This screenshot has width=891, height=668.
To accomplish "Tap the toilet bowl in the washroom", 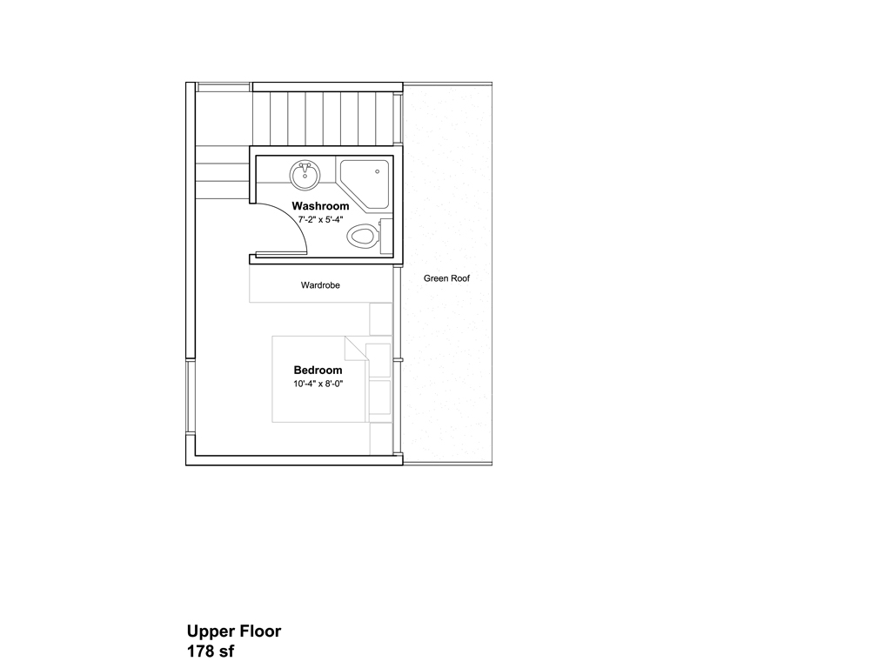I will coord(361,235).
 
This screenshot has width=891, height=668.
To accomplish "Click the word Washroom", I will coord(320,206).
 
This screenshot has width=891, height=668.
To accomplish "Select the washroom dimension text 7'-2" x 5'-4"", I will coord(320,220).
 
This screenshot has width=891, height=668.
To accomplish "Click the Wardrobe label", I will coord(320,284).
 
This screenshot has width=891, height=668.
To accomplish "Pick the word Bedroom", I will coord(318,370).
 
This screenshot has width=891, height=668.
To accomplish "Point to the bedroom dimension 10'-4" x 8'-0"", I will coord(318,384).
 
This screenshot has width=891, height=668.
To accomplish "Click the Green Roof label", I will coord(446,279).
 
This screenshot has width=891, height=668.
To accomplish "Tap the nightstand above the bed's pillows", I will coord(380,318).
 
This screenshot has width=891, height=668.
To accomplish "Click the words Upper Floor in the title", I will coord(233,631).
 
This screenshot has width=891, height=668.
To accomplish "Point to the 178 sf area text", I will coord(211,651).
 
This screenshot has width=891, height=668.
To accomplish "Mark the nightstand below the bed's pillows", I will coord(380,438).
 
